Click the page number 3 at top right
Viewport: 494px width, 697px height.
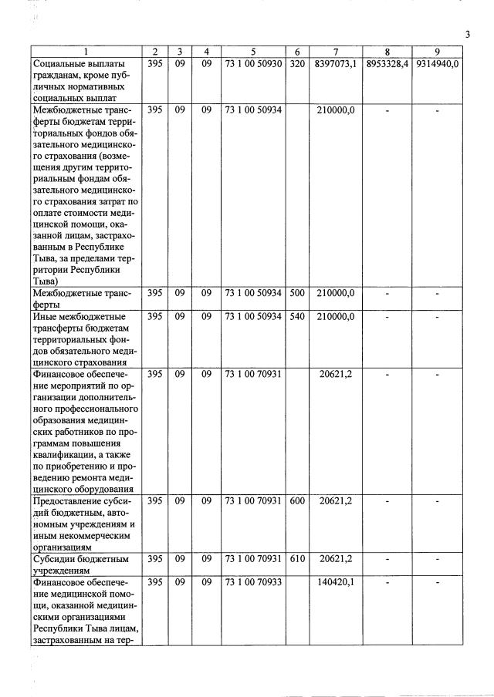pos(468,34)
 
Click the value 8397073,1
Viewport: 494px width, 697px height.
pos(335,64)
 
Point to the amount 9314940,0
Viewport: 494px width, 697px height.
pos(437,64)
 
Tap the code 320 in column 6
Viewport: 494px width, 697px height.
pos(297,64)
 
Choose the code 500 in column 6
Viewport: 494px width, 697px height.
pos(297,294)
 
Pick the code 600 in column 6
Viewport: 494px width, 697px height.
pos(297,501)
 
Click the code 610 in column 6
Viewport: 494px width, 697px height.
pos(297,558)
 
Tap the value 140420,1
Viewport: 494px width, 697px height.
pos(336,582)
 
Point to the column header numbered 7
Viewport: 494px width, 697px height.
pos(335,52)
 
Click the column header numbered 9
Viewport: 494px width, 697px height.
pos(437,52)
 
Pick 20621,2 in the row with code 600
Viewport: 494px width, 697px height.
pos(336,501)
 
